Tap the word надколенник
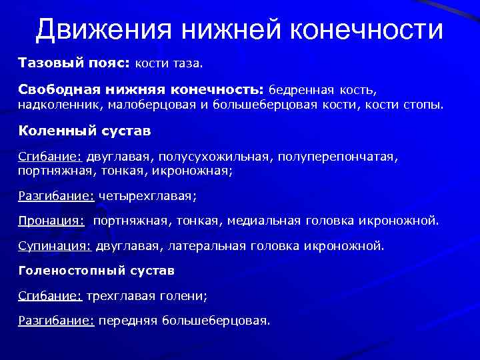[54, 105]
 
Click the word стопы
[423, 105]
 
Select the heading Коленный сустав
[85, 131]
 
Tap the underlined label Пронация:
[51, 221]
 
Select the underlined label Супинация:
[55, 245]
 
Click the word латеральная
[207, 245]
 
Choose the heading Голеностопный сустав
[97, 271]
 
